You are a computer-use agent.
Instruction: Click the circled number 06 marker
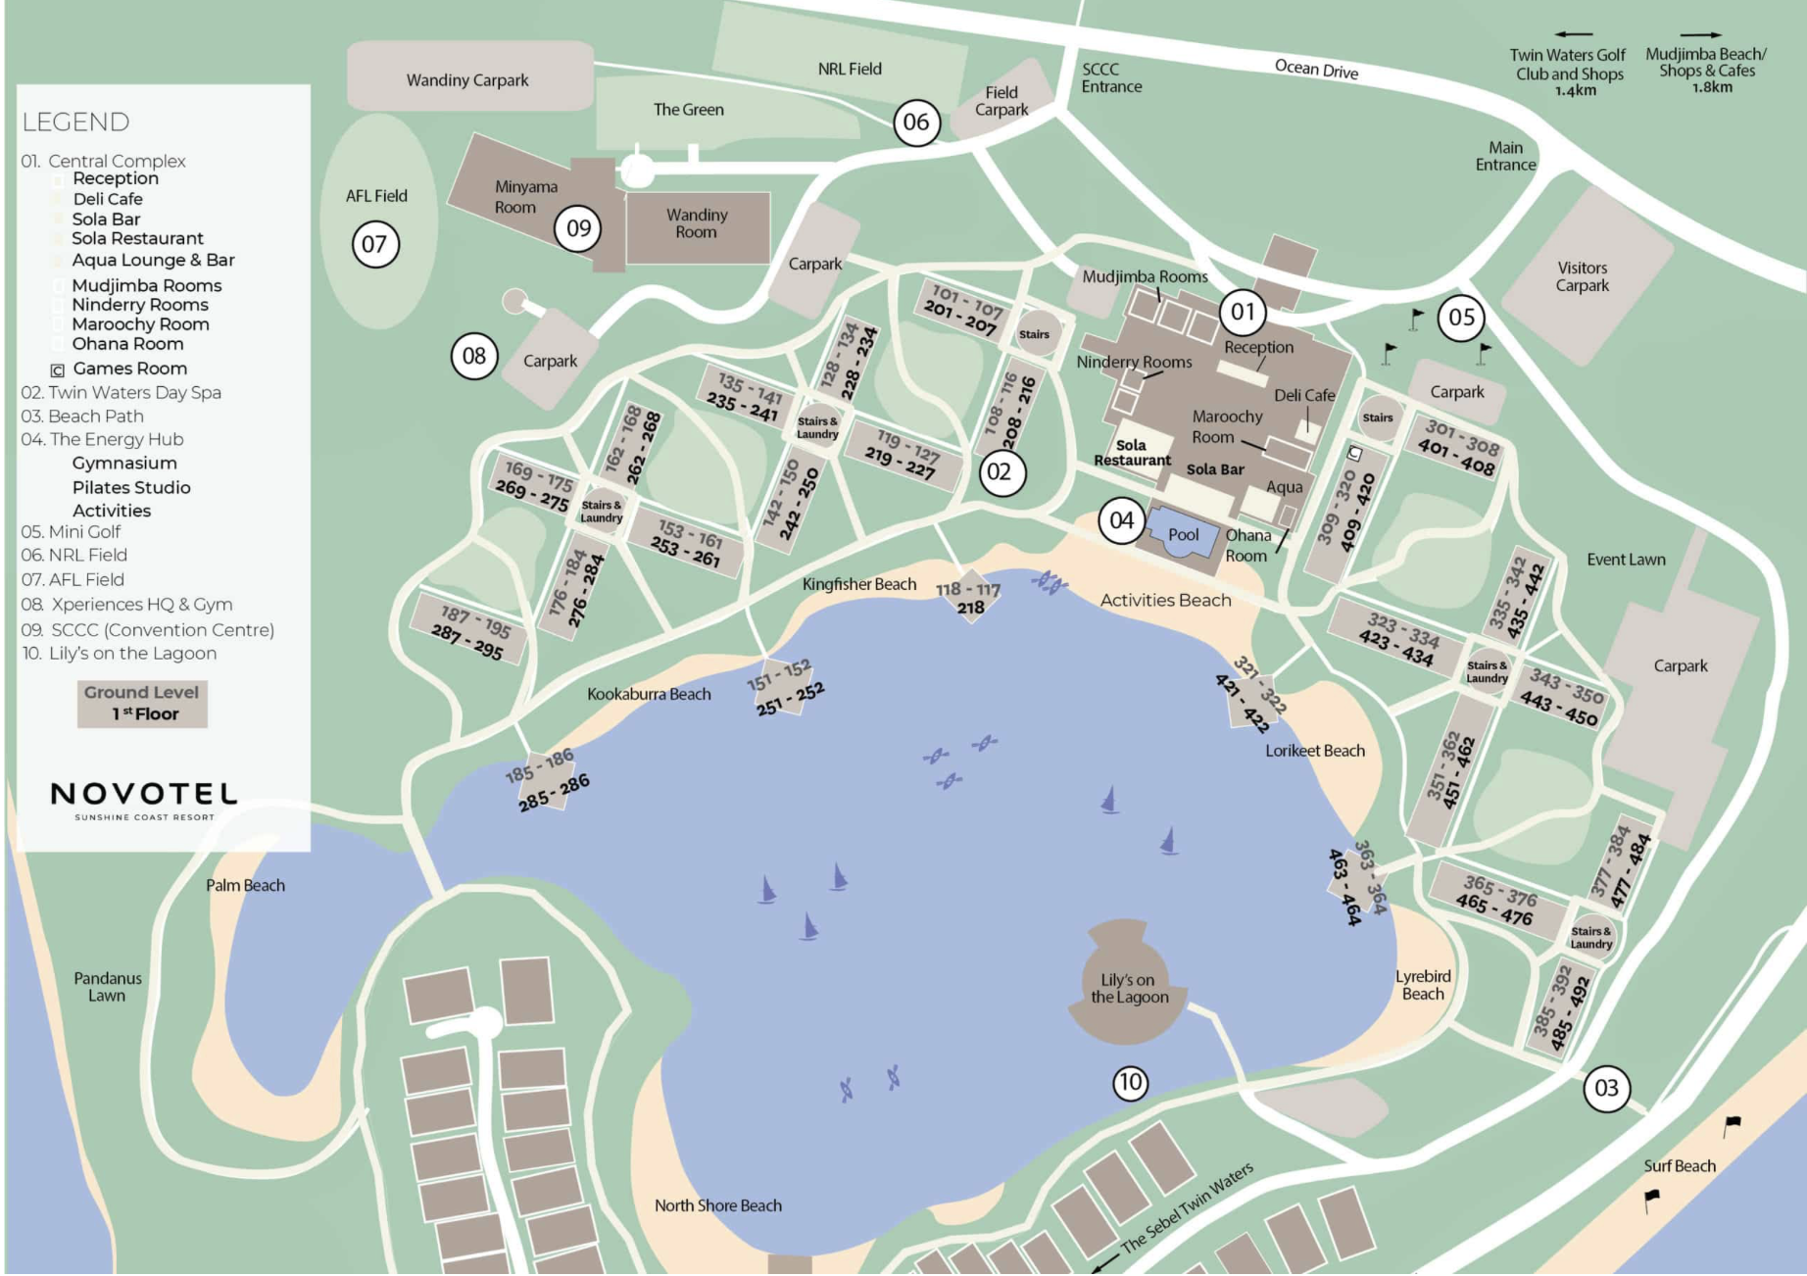click(x=916, y=123)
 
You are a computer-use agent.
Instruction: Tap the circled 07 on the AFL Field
click(x=375, y=244)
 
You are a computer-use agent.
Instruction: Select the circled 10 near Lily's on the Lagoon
click(x=1130, y=1082)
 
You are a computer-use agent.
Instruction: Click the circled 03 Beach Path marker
click(x=1606, y=1088)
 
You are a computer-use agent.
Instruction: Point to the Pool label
click(x=1183, y=535)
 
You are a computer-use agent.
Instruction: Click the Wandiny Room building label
click(x=696, y=224)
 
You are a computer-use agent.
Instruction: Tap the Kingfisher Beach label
click(x=858, y=584)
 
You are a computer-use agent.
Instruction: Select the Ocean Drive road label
click(x=1315, y=69)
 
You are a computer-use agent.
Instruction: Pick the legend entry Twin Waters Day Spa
click(x=122, y=392)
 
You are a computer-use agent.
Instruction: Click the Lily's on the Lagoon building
click(x=1128, y=985)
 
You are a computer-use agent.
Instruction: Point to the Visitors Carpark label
click(x=1582, y=276)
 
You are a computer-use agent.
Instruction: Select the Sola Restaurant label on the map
click(x=1132, y=452)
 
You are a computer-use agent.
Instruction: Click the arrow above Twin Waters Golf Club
click(x=1572, y=34)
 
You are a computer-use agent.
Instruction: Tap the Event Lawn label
click(x=1625, y=560)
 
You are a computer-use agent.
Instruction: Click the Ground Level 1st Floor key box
click(x=142, y=704)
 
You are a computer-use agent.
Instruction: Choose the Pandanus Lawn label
click(x=107, y=986)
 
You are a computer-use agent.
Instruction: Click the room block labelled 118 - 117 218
click(x=968, y=598)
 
